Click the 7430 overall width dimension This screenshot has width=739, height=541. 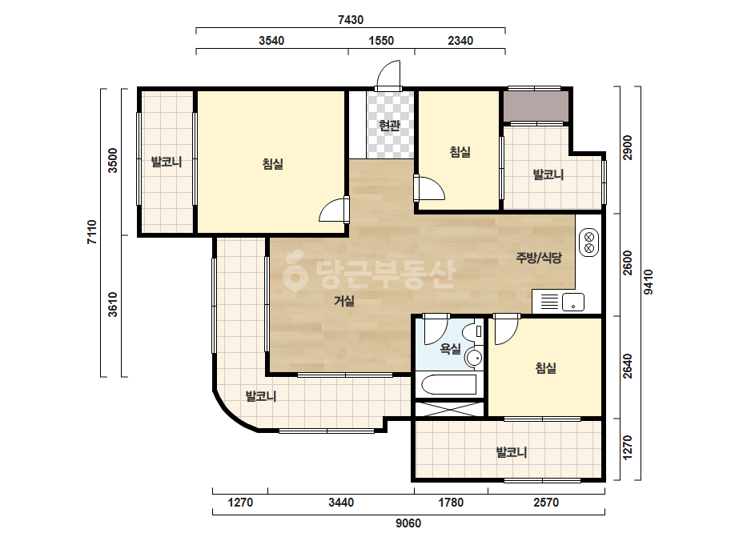tap(351, 20)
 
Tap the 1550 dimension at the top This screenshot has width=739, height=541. tap(381, 41)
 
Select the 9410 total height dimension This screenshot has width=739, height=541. tap(649, 282)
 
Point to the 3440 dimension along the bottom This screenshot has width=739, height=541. tap(341, 503)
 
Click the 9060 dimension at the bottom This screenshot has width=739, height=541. tap(408, 523)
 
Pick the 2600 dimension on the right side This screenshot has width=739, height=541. tap(627, 263)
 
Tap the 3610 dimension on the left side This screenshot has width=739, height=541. tap(112, 304)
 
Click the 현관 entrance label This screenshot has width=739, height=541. tap(389, 126)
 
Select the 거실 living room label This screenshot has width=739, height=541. tap(344, 301)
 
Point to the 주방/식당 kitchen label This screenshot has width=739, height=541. tap(539, 258)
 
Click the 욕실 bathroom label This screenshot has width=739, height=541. tap(450, 349)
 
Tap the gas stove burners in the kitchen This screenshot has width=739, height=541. tap(588, 242)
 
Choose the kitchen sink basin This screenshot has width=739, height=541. tap(572, 302)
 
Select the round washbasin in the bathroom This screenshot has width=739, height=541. tap(473, 358)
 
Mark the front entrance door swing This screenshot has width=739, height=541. tap(388, 74)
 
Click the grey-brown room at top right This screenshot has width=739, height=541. tap(536, 106)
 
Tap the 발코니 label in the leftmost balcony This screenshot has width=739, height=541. tap(166, 162)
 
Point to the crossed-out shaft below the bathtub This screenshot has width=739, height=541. tap(450, 409)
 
